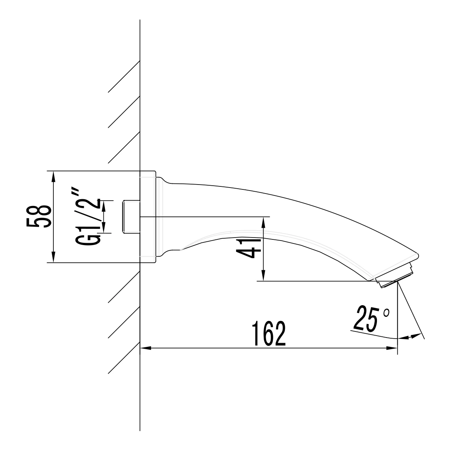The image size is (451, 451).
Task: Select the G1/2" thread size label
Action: coord(89,217)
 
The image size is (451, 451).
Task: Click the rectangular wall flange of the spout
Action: coord(148,217)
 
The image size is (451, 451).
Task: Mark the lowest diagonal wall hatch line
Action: coord(124,357)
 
